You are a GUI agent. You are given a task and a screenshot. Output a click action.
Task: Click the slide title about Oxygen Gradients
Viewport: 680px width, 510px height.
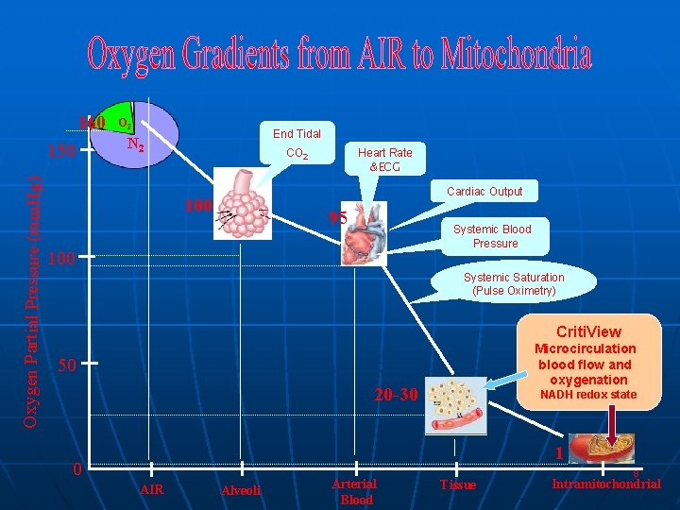340,56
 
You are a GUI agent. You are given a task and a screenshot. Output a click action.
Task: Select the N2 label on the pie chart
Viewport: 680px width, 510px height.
135,145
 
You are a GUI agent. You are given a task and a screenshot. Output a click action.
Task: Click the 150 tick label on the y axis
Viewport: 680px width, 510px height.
61,151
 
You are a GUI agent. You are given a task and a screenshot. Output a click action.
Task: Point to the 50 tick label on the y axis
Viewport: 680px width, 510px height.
65,365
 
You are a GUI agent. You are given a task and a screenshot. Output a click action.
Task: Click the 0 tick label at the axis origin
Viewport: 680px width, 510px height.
76,470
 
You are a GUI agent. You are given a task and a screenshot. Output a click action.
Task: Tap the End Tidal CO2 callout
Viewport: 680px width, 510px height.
297,144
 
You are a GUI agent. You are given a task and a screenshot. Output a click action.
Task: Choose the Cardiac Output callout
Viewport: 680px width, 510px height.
484,192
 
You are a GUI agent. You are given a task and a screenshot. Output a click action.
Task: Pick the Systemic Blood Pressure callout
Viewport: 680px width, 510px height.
492,236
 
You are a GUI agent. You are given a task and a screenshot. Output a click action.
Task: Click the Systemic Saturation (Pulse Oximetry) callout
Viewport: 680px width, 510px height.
514,284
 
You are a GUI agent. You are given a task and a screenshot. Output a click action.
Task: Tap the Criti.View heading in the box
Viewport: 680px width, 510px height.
588,331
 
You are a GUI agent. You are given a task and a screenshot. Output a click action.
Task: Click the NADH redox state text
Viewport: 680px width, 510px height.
587,394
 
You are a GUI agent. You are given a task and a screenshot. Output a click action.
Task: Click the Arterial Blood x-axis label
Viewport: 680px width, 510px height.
355,491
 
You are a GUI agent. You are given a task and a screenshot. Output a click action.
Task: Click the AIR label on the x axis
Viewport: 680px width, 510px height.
151,489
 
